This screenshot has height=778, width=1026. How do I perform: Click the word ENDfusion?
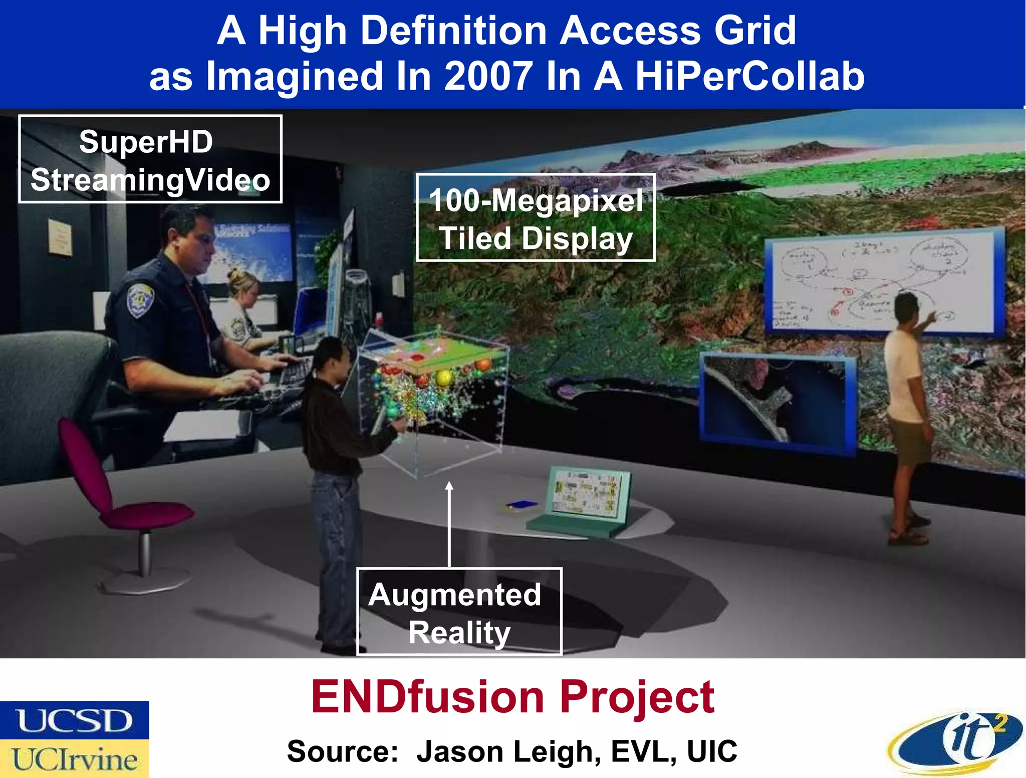[427, 697]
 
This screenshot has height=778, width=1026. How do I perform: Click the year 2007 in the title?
[488, 76]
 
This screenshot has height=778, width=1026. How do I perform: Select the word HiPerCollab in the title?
[749, 76]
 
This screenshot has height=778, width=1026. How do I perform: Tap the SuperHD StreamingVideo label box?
[150, 159]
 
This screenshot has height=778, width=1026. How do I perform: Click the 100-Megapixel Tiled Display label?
[536, 218]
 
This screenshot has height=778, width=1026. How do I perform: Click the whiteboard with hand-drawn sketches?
[882, 283]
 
